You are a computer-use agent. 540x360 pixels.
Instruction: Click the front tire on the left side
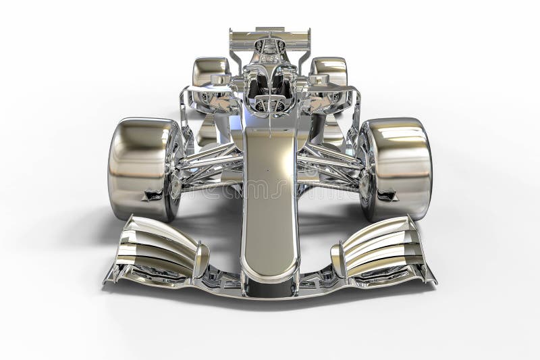point(138,169)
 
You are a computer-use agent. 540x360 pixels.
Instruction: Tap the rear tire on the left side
point(211,74)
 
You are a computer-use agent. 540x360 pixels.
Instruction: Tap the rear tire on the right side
point(329,74)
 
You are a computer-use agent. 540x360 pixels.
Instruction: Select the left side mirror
point(220,80)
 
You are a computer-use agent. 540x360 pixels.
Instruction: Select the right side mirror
point(319,80)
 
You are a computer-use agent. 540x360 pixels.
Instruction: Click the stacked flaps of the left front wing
point(159,247)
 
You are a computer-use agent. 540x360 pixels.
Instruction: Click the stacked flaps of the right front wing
point(381,247)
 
